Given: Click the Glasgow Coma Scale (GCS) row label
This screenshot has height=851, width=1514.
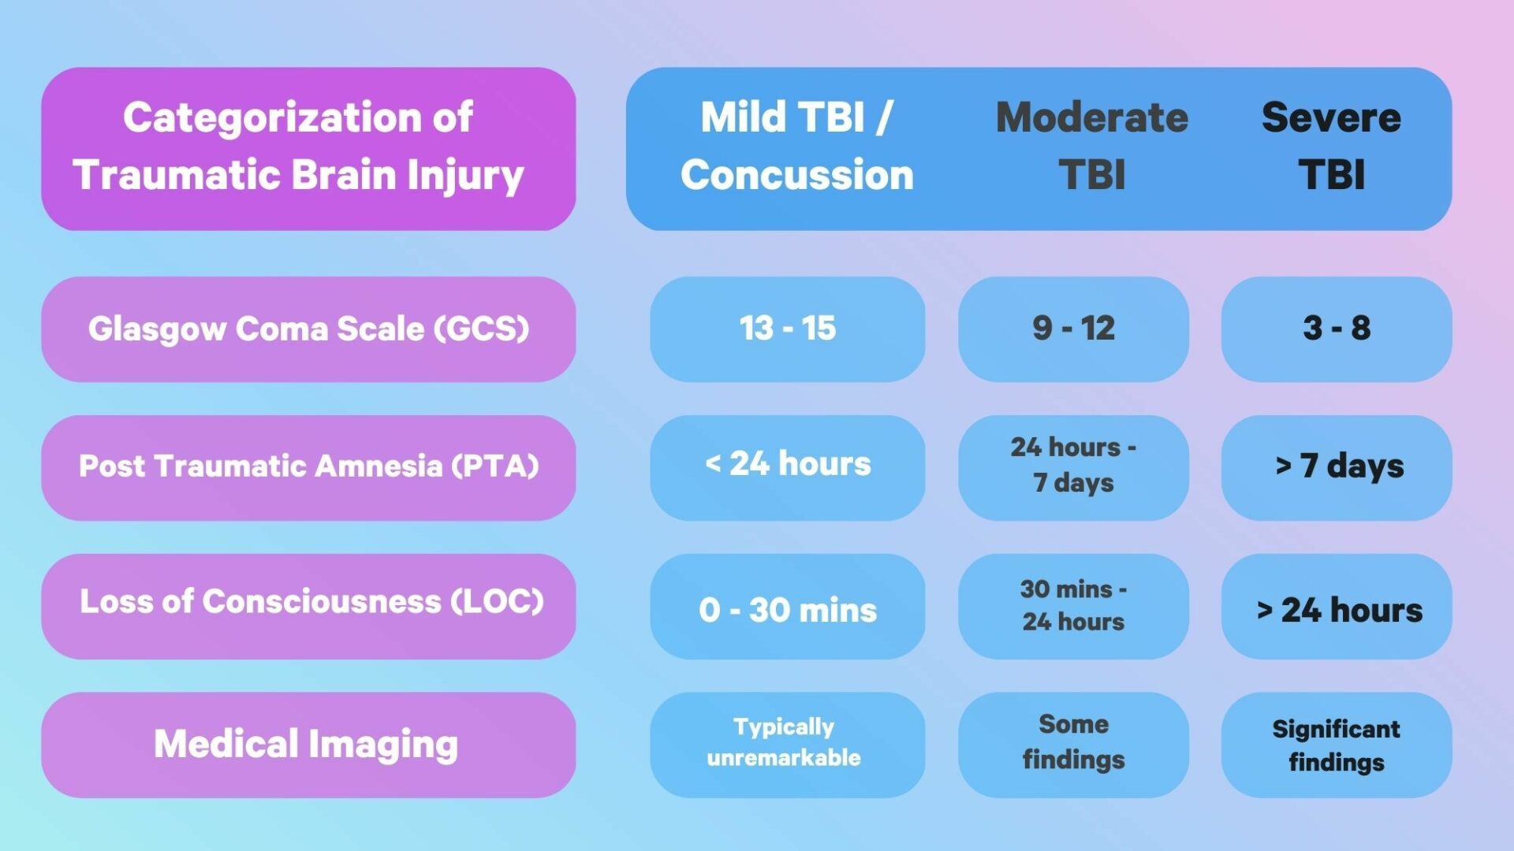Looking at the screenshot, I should click(308, 329).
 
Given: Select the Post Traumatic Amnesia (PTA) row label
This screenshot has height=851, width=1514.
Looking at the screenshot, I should click(308, 466).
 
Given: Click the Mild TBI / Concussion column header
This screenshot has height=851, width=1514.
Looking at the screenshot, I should click(796, 147).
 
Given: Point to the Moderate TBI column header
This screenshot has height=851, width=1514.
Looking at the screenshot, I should click(1091, 147).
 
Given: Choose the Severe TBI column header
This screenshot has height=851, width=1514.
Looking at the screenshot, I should click(1331, 147).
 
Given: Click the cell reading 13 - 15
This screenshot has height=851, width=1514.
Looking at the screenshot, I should click(787, 329).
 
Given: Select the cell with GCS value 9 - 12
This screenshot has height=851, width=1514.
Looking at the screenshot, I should click(1073, 329).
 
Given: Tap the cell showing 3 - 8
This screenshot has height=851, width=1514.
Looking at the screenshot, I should click(1336, 329).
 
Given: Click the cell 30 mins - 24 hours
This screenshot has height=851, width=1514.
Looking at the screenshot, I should click(1073, 605).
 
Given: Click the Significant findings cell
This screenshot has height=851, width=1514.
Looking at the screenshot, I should click(1336, 745).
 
